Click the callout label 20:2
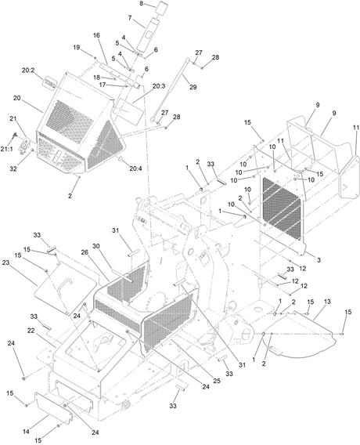point(28,71)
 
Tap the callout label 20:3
point(159,85)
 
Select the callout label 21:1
point(6,149)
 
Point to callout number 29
point(193,87)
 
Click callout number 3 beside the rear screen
point(319,259)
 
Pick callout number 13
point(327,302)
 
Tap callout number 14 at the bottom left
point(26,432)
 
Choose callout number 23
point(5,262)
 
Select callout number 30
point(96,246)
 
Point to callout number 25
point(217,381)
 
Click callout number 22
point(31,331)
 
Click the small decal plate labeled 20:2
point(49,83)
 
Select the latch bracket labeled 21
point(25,144)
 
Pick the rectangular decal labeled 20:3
point(128,111)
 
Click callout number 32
point(13,169)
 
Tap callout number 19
point(77,47)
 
